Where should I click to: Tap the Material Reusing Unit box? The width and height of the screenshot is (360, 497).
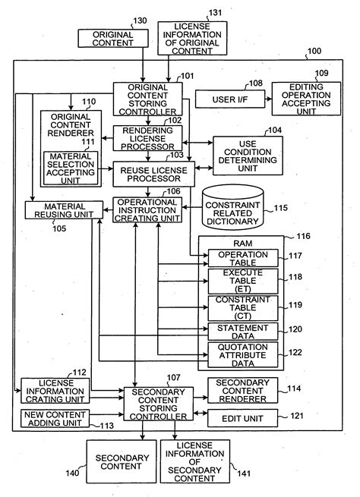point(65,210)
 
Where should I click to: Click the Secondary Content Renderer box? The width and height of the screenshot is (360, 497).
point(243,389)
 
